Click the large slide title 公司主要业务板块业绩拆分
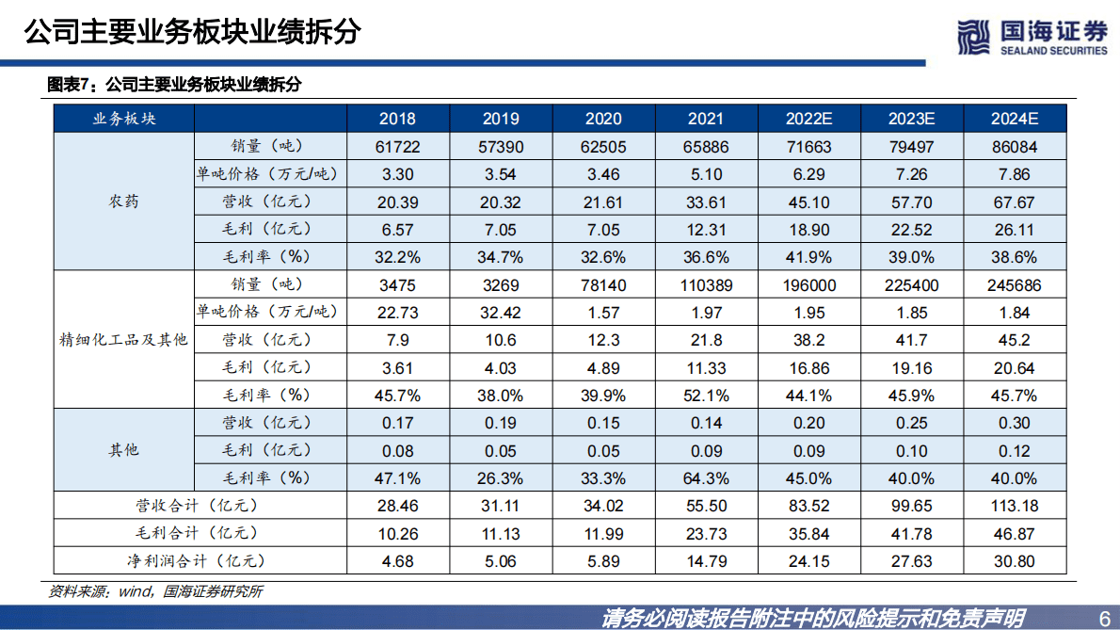(x=192, y=31)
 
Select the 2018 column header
(x=397, y=119)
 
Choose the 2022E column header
(x=808, y=119)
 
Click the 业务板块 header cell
(x=123, y=119)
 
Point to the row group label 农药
(x=123, y=202)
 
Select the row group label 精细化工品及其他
(x=123, y=340)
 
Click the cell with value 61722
(x=397, y=146)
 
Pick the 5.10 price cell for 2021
(x=706, y=174)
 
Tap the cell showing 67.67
(x=1014, y=202)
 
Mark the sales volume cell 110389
(x=706, y=284)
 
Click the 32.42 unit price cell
(x=501, y=313)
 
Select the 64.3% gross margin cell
(x=706, y=478)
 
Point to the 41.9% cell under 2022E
(x=808, y=257)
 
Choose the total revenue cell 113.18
(x=1014, y=506)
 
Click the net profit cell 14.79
(x=706, y=561)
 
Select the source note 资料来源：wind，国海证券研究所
(x=155, y=591)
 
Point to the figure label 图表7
(x=72, y=85)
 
